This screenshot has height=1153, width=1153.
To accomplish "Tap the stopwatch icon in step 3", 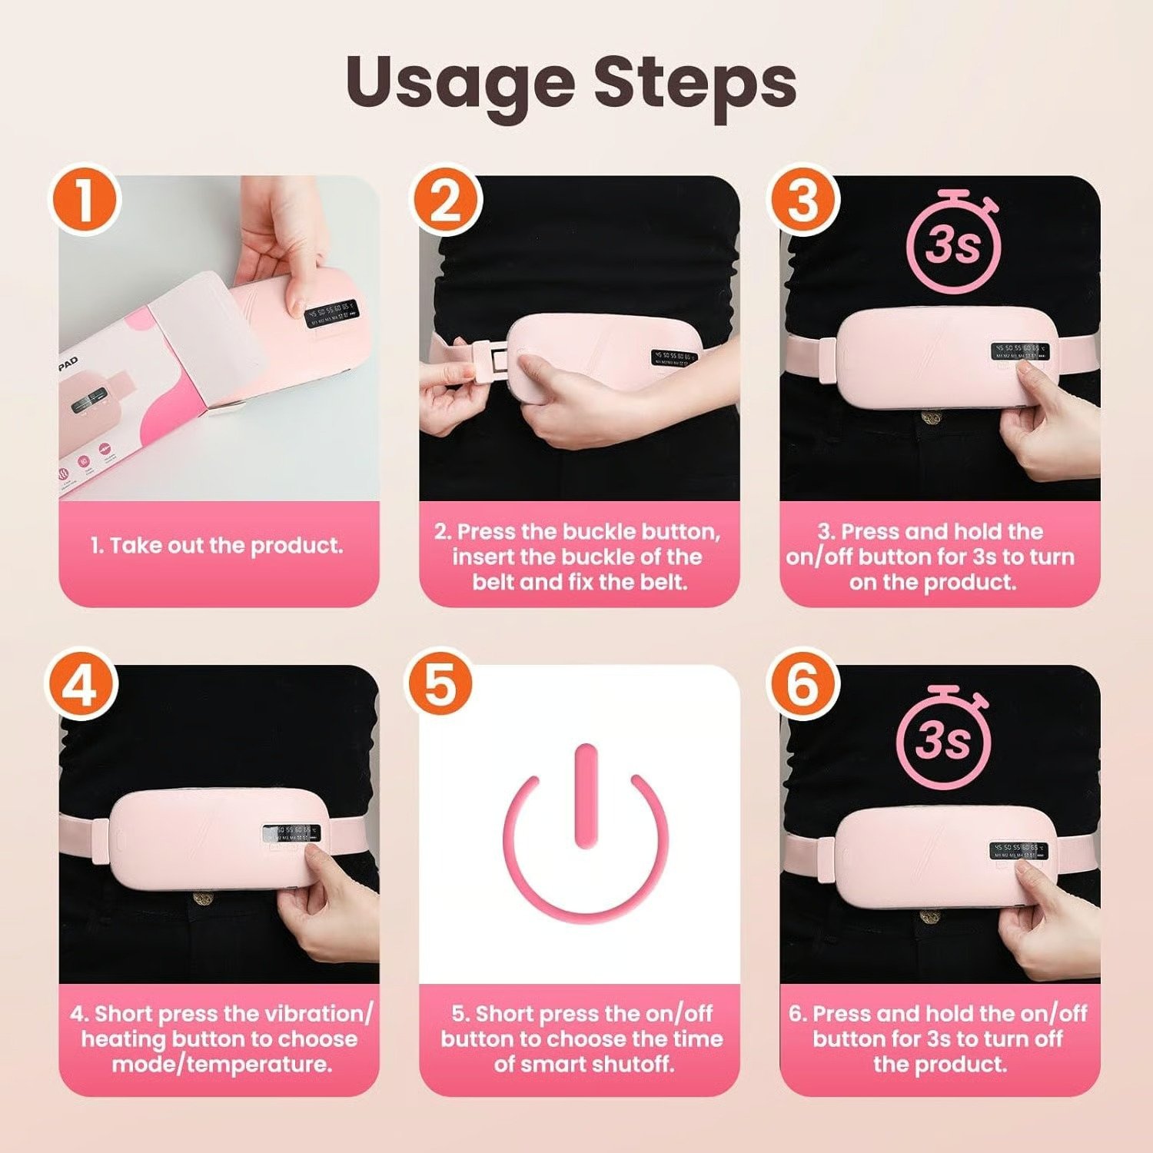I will tap(954, 244).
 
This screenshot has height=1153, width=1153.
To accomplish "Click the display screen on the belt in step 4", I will tap(291, 833).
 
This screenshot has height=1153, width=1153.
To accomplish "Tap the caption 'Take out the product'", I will tap(217, 546).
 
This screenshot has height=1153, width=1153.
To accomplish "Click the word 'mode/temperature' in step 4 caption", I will tap(222, 1064).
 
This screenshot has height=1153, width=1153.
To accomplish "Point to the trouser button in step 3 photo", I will tap(932, 418).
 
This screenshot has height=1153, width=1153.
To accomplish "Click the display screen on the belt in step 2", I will tap(674, 357).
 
